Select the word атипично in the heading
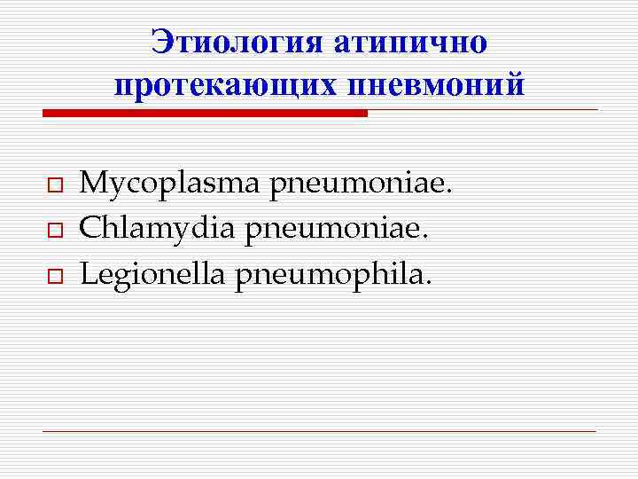(x=410, y=41)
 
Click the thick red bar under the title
(x=204, y=114)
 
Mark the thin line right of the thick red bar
(x=483, y=111)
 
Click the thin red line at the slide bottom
(x=319, y=432)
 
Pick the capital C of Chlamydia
(x=89, y=229)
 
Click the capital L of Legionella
(x=87, y=275)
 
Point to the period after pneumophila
(x=430, y=284)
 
